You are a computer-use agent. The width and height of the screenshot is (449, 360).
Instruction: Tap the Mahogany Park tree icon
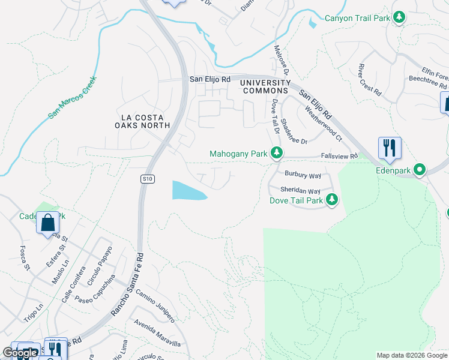[x=277, y=154]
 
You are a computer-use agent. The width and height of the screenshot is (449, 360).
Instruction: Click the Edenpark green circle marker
[x=420, y=170]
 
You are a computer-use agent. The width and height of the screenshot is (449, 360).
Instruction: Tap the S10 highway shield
[x=147, y=179]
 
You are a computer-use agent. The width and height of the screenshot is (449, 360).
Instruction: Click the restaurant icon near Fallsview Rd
[x=390, y=148]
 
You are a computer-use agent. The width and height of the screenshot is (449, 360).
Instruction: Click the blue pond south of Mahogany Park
[x=188, y=190]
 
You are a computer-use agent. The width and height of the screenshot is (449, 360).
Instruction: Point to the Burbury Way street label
[x=303, y=176]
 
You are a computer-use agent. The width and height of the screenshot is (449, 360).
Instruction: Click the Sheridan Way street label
[x=301, y=191]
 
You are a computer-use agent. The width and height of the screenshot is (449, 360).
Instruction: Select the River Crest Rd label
[x=369, y=79]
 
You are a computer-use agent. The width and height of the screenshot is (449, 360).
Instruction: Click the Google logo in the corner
[x=20, y=353]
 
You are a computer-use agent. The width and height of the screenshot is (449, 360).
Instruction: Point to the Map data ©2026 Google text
[x=411, y=355]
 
